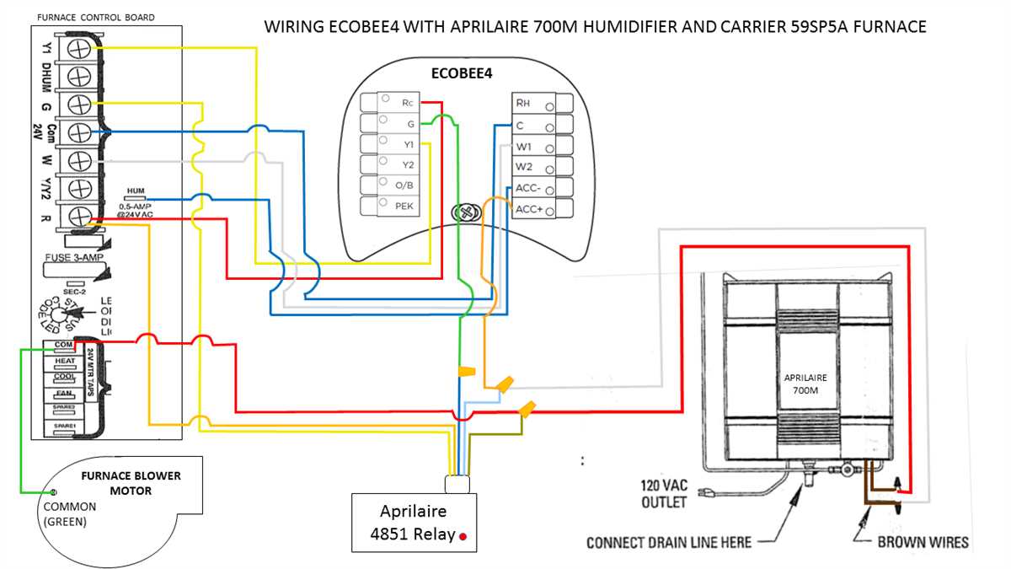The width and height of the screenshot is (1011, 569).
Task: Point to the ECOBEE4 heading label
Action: coord(462,73)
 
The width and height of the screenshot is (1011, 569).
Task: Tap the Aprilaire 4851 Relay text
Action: coord(413,523)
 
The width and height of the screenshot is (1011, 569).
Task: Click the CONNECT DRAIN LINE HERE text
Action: coord(669,542)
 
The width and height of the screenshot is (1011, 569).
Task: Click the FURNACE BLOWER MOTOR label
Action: coord(130,483)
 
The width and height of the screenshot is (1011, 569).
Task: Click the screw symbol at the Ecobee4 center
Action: coord(464,213)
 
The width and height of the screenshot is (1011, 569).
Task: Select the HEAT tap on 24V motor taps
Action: coord(65,361)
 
